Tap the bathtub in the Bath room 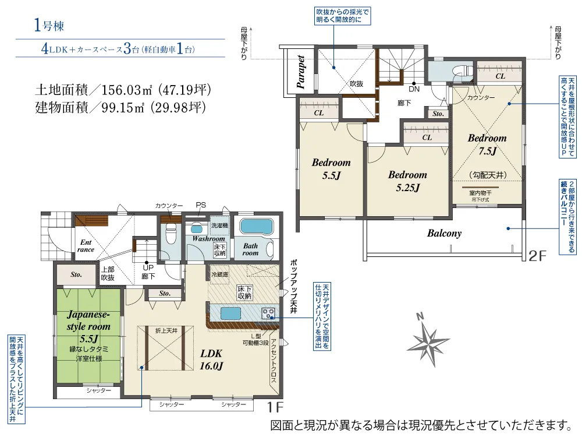click(x=255, y=228)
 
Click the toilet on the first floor click(x=171, y=237)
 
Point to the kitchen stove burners click(x=269, y=313)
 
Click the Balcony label click(x=444, y=233)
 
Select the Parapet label click(x=301, y=72)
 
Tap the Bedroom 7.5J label click(x=487, y=145)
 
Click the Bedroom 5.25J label click(x=407, y=181)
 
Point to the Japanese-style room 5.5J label click(x=89, y=326)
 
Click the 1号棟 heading click(x=49, y=25)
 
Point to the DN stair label click(x=414, y=89)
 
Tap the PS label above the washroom click(x=201, y=205)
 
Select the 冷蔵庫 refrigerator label click(x=220, y=274)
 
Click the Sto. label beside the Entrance click(x=76, y=274)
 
